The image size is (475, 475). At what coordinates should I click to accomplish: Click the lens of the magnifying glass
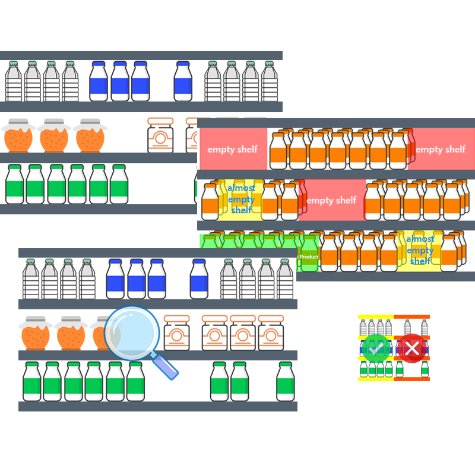[x=132, y=333]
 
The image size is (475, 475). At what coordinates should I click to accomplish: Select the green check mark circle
[x=376, y=348]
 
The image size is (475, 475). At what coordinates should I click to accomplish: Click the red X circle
[x=411, y=348]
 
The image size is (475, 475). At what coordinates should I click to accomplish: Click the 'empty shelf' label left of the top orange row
[x=232, y=149]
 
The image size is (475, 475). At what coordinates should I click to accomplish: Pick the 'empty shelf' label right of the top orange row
[x=441, y=149]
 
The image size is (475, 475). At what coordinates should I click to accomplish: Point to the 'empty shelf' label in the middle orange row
[x=331, y=200]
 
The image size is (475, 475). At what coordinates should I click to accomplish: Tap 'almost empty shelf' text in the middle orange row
[x=241, y=199]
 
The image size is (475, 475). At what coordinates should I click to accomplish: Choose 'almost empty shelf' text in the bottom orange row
[x=420, y=250]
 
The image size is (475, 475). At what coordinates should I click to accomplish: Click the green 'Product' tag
[x=309, y=256]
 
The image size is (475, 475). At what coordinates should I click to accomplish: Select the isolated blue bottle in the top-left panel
[x=183, y=81]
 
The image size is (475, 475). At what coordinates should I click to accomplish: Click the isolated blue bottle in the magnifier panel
[x=199, y=278]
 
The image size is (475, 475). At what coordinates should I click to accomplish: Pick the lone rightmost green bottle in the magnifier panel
[x=285, y=382]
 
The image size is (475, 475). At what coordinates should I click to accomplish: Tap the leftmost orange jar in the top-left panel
[x=17, y=136]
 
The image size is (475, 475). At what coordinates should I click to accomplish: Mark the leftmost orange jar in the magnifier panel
[x=35, y=333]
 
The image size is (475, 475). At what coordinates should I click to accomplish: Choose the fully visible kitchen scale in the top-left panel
[x=160, y=135]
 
